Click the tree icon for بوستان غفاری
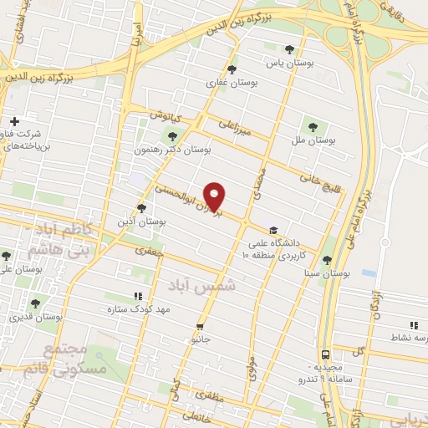coord(232,70)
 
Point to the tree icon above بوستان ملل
coord(313,127)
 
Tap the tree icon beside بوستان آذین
coord(141,208)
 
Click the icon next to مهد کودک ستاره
coord(138,295)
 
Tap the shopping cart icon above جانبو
coord(200,326)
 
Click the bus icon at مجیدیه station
coord(325,354)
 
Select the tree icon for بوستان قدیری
coord(34,304)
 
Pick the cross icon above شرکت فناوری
coord(14,122)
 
